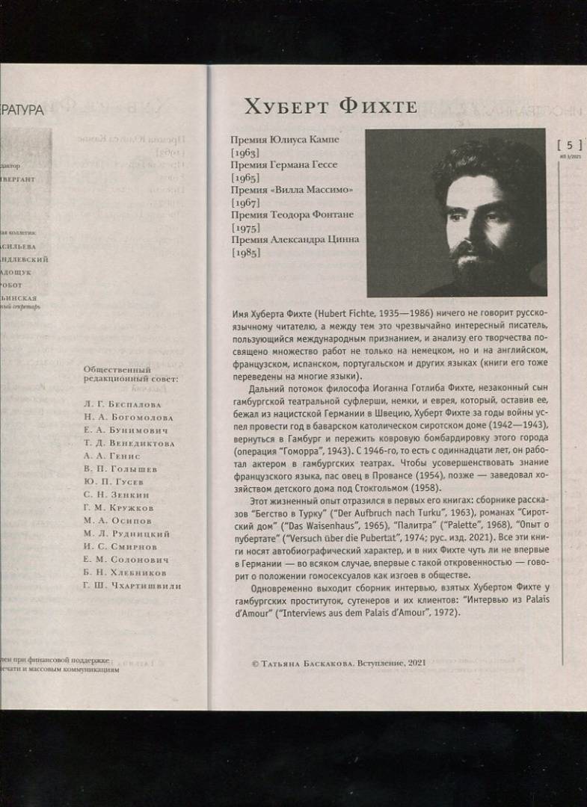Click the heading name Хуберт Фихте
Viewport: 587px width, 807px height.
(x=330, y=107)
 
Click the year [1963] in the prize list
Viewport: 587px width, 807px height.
(x=245, y=152)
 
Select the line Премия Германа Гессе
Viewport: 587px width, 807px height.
(x=284, y=165)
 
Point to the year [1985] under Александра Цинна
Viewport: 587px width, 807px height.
(x=245, y=253)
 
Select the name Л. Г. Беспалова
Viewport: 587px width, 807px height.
(x=123, y=404)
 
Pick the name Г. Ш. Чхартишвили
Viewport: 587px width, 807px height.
(x=132, y=586)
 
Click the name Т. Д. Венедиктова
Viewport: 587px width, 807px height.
(x=129, y=443)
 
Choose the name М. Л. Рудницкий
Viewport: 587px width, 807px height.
(x=126, y=534)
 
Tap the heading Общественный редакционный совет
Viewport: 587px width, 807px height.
(x=117, y=374)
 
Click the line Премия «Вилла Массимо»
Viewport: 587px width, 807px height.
(x=292, y=191)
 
